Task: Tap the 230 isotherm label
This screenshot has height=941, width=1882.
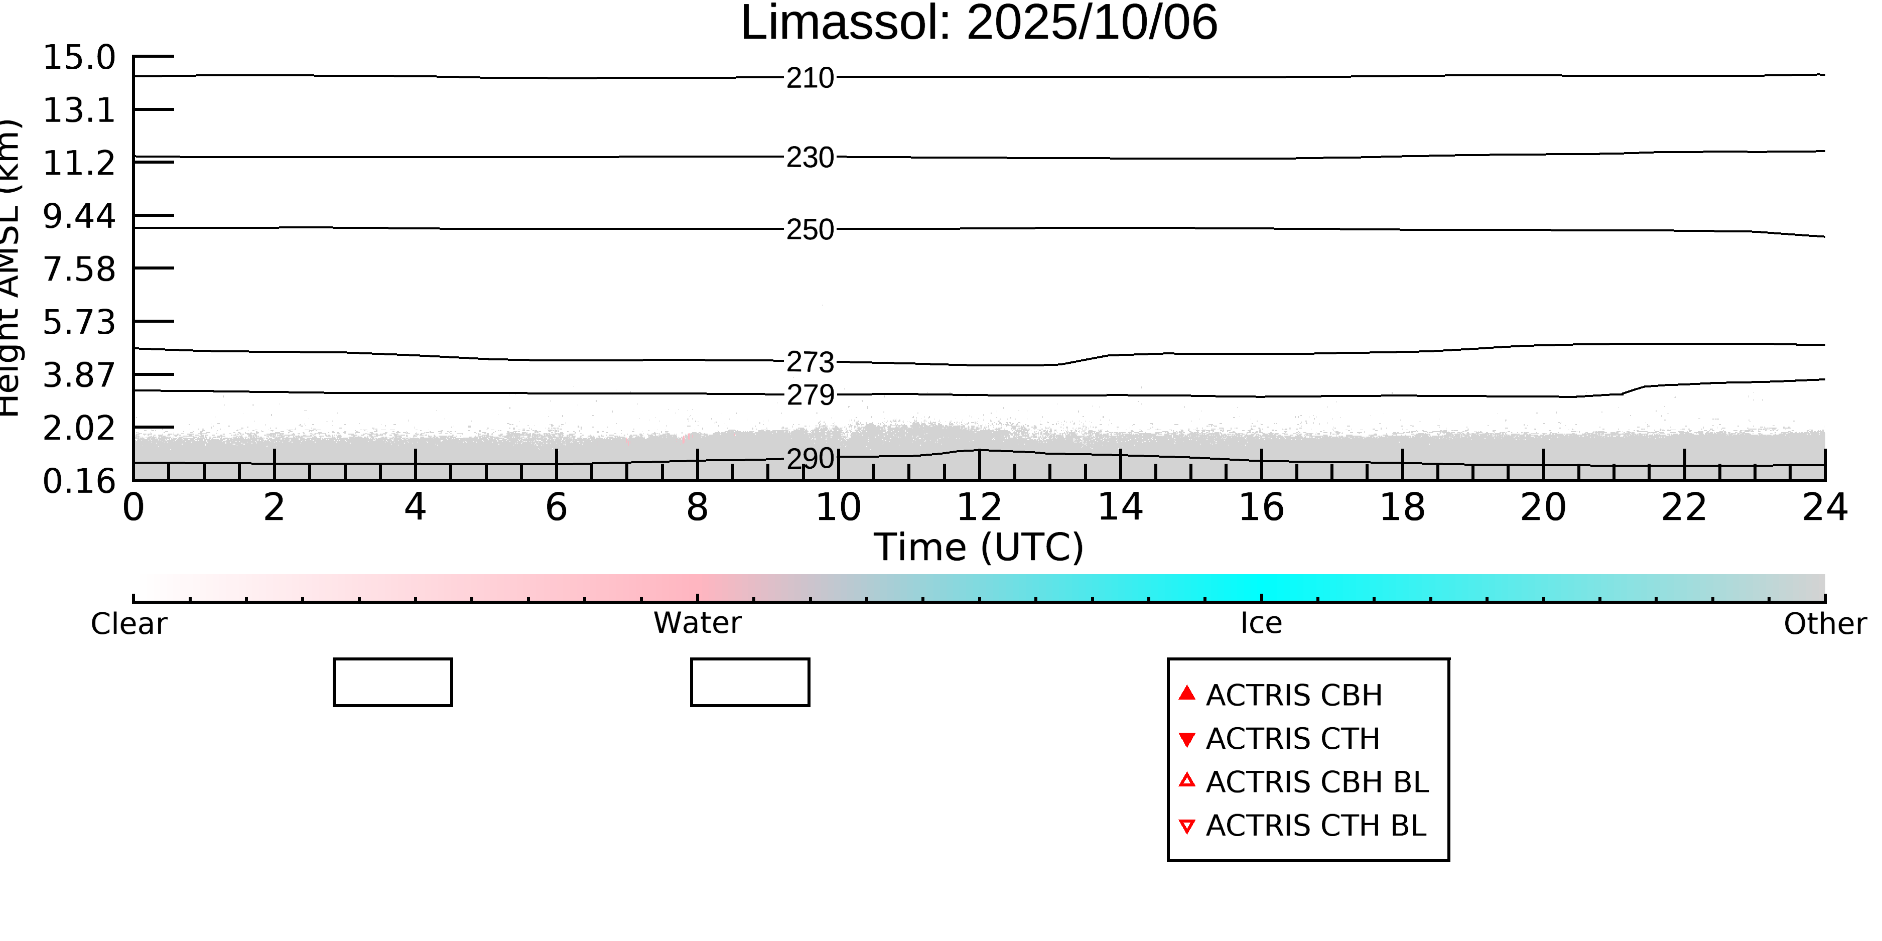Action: pos(810,158)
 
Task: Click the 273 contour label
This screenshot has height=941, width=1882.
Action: pos(810,362)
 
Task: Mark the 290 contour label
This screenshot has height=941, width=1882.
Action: pos(810,459)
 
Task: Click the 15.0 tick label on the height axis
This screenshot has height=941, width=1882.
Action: pos(79,58)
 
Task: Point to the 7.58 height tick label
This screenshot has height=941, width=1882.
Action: pos(79,270)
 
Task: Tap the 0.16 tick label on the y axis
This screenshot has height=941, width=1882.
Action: pos(79,481)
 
